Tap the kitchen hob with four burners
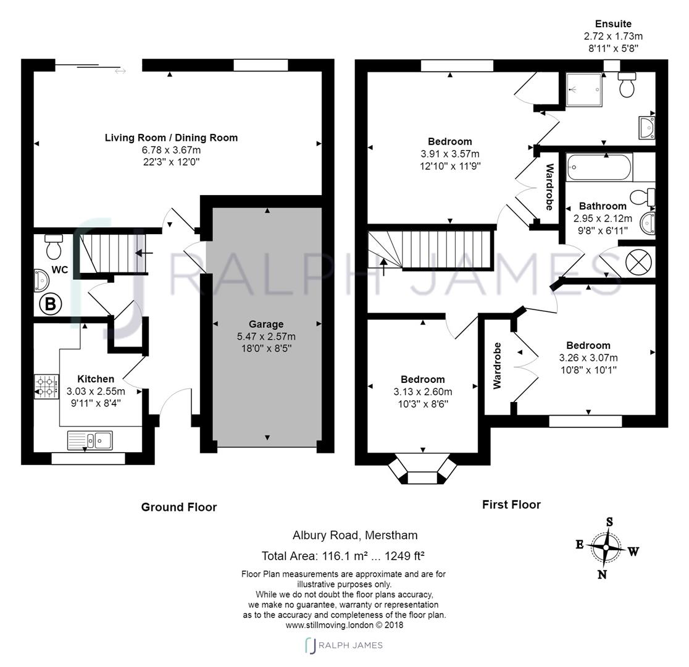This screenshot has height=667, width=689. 46,386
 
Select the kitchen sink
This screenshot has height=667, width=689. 90,440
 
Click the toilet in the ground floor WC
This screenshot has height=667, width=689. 54,247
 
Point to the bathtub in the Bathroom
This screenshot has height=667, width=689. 598,167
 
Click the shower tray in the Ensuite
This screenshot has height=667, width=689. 583,89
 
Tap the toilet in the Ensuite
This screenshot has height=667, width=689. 627,84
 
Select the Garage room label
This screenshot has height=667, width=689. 266,324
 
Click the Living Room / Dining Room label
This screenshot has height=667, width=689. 171,138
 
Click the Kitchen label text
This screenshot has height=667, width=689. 96,379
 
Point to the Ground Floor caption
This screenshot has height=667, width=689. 179,507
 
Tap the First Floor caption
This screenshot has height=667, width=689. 511,505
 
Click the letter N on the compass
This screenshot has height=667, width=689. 602,575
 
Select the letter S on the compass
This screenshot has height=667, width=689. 609,522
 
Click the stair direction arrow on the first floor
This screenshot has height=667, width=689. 384,267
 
